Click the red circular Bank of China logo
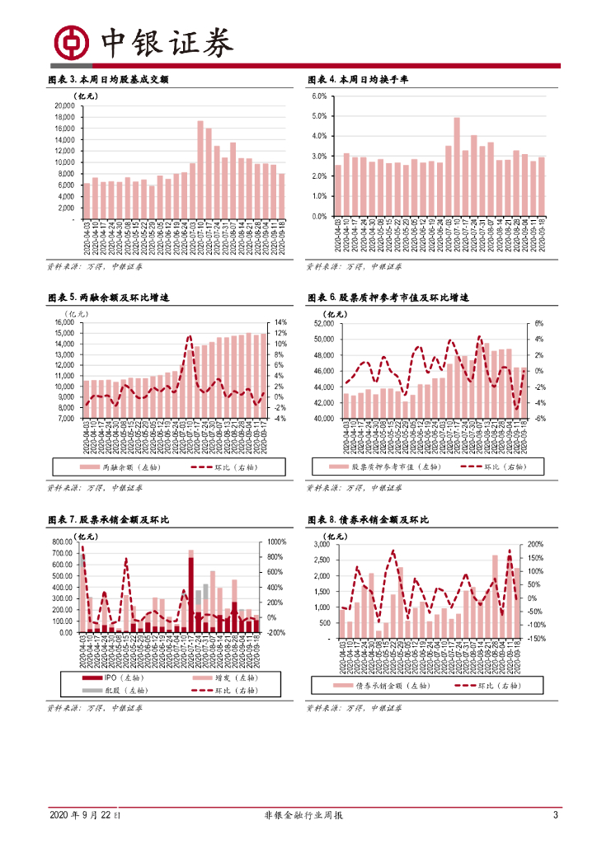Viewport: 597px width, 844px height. pos(71,42)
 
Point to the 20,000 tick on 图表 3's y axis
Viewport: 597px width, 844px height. pos(65,105)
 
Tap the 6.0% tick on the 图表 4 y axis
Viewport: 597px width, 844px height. pos(319,96)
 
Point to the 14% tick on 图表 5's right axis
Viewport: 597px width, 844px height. pos(280,322)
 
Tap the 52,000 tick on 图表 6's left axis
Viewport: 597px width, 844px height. pos(322,324)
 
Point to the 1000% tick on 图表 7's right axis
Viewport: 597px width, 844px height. pos(277,542)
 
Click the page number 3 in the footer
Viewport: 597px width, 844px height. pos(556,815)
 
